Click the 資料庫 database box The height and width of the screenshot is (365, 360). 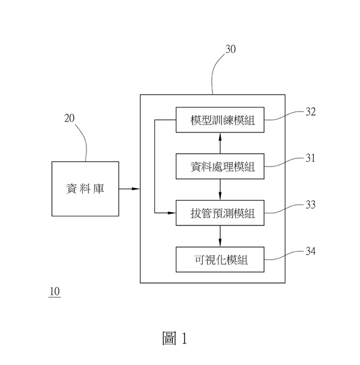click(x=85, y=189)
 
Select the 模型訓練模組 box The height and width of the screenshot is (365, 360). click(x=220, y=120)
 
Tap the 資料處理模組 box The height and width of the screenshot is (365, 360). click(x=220, y=167)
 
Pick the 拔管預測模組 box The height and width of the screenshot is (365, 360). click(x=220, y=213)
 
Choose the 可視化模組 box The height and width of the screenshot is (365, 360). click(x=220, y=260)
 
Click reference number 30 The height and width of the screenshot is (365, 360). click(x=230, y=49)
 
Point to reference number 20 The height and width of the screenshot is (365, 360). click(x=70, y=118)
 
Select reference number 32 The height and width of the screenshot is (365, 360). click(x=311, y=112)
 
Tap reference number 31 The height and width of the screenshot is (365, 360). click(x=310, y=158)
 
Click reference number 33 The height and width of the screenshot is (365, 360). click(x=311, y=205)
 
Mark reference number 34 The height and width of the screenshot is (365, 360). click(x=311, y=251)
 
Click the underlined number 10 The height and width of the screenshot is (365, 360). click(x=55, y=292)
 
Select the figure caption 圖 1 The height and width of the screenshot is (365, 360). click(x=175, y=338)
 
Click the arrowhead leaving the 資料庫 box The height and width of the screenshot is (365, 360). click(x=136, y=189)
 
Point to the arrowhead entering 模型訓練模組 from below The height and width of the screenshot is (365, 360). click(x=220, y=137)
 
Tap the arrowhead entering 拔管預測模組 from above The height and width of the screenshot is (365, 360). click(x=220, y=196)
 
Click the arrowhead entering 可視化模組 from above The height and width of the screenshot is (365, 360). click(x=220, y=243)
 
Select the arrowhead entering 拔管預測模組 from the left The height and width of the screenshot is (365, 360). click(x=172, y=213)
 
